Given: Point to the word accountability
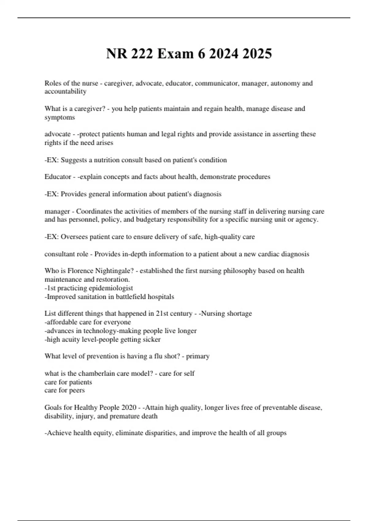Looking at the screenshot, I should click(65, 91).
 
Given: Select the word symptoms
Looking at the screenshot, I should click(59, 117).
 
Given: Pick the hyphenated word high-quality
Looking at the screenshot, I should click(222, 237).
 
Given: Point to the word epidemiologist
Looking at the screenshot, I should click(111, 288).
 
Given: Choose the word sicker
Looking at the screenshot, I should click(151, 340).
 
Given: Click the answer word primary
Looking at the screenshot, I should click(198, 356).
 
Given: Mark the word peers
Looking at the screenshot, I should click(77, 390).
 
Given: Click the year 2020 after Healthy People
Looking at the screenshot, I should click(129, 408).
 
